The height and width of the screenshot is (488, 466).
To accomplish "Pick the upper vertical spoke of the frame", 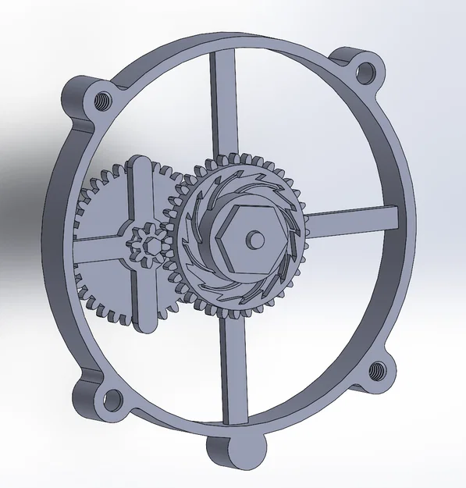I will coord(223,102).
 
